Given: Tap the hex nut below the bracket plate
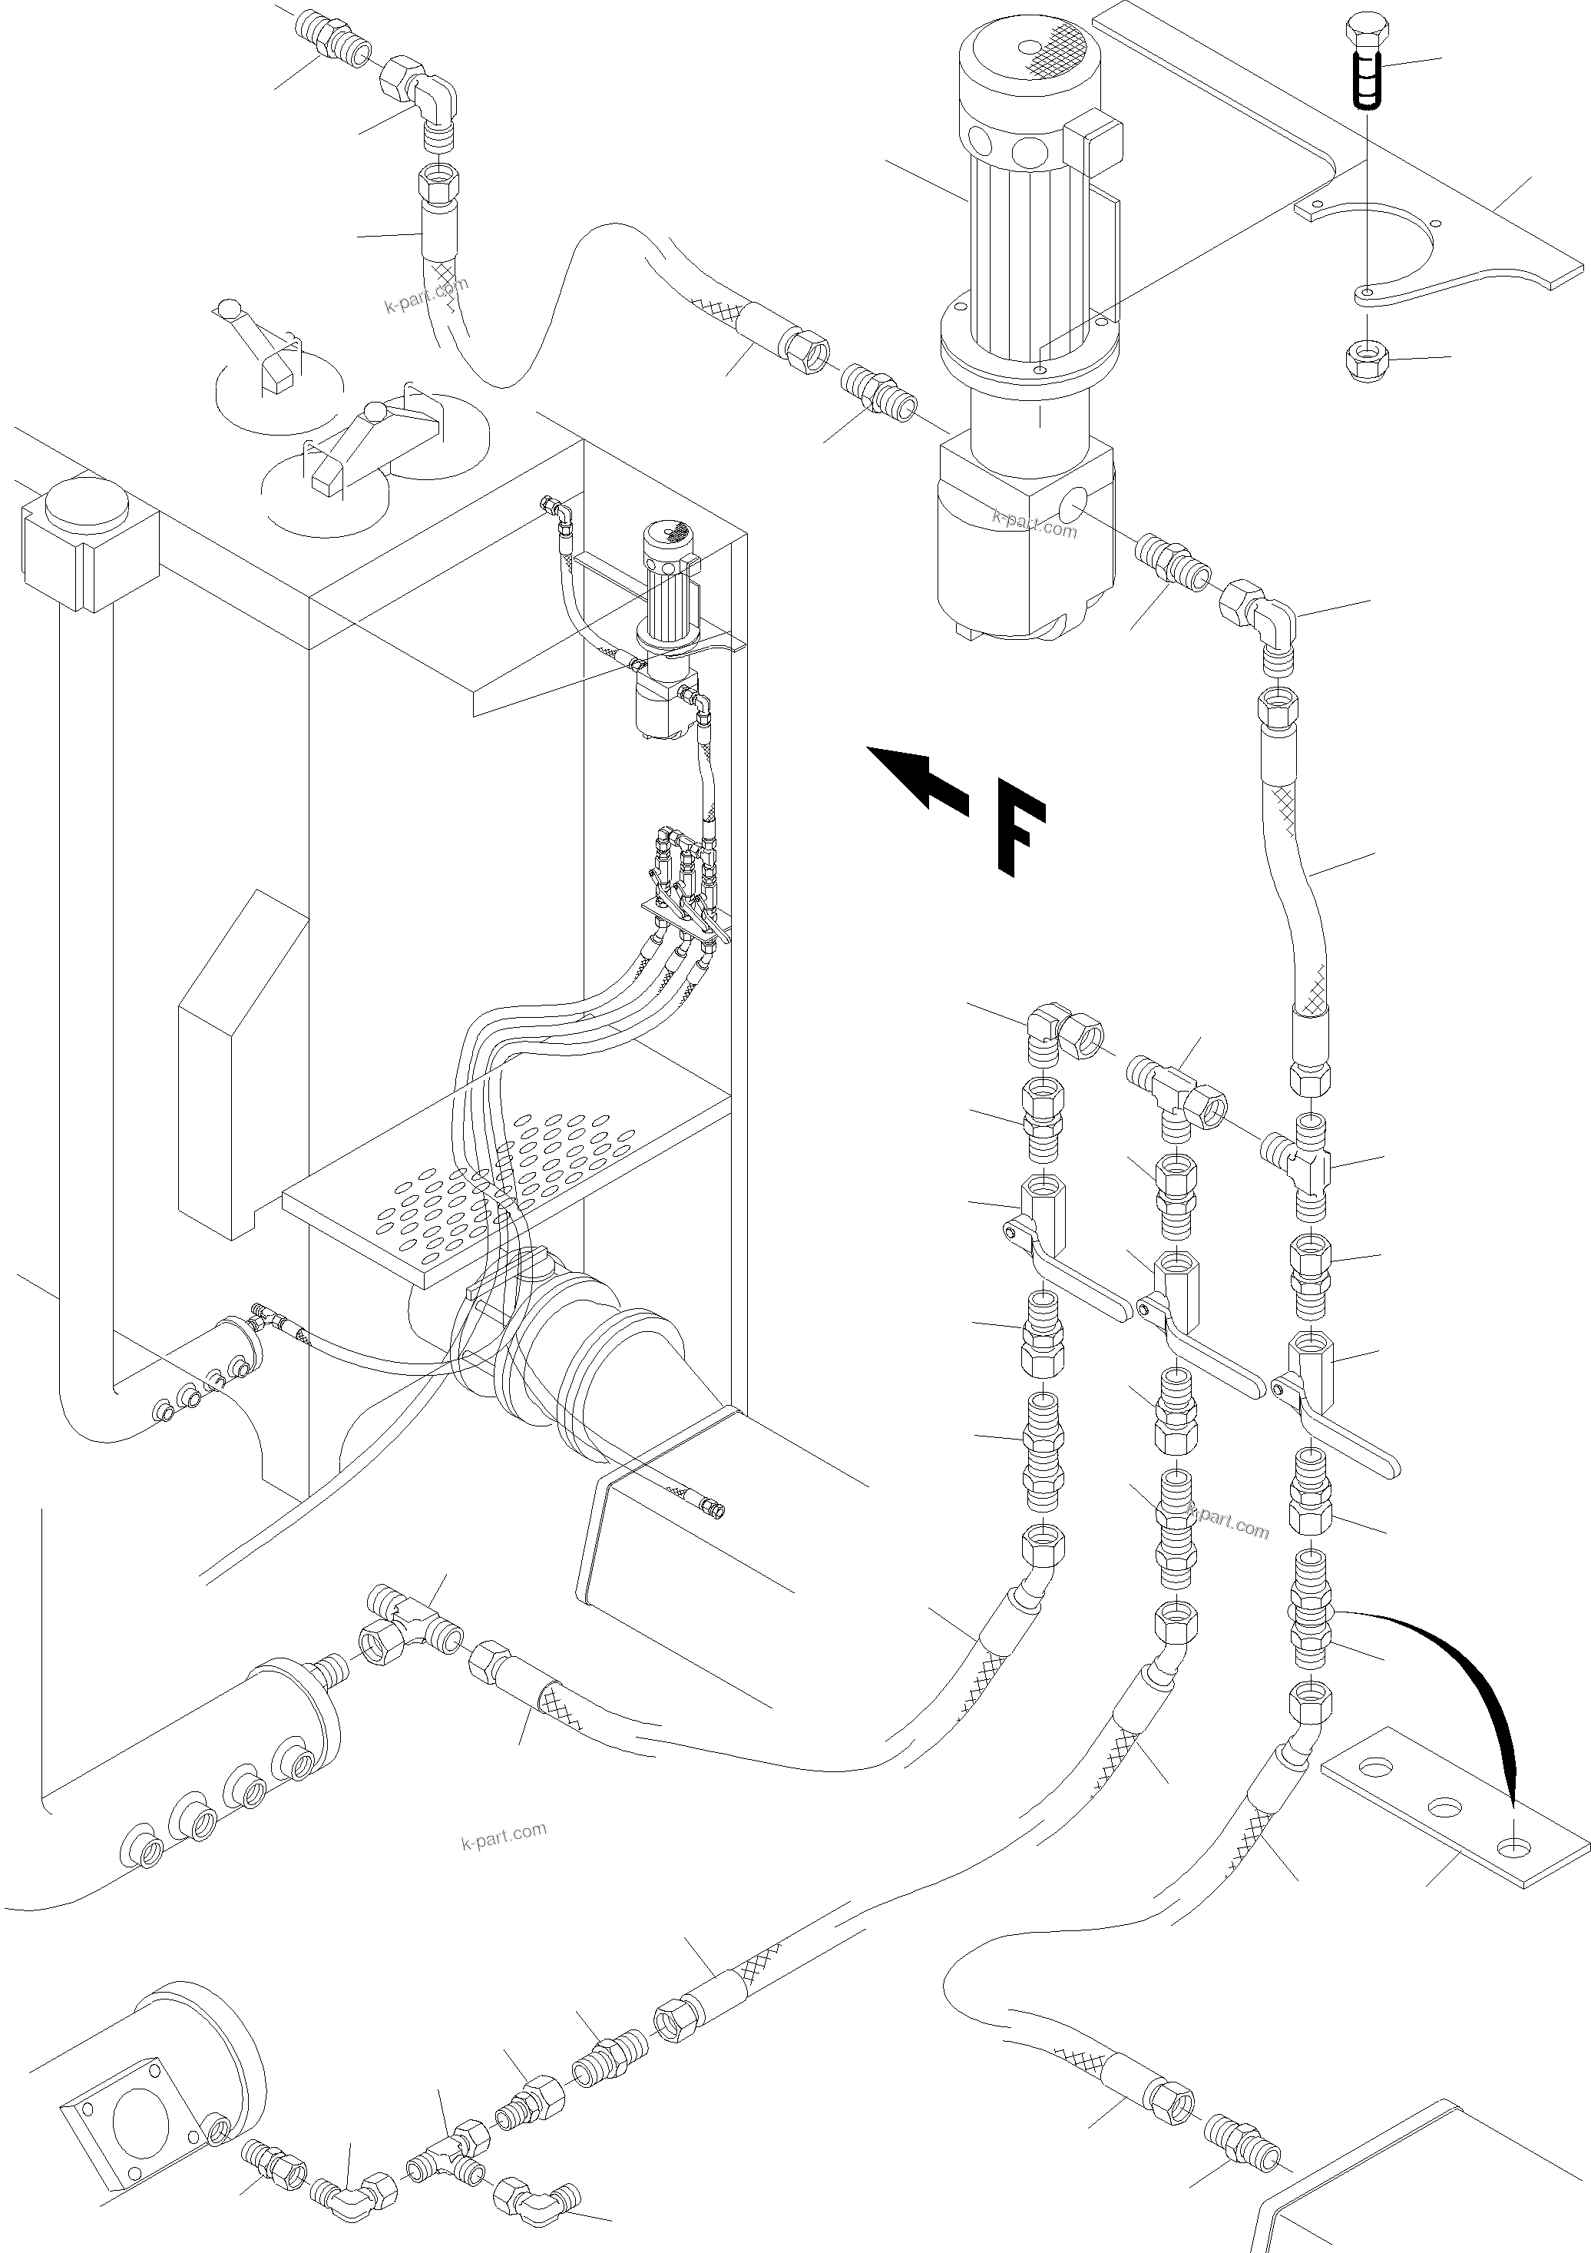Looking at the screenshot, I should (1365, 364).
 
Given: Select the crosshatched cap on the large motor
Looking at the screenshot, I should (1054, 50).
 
